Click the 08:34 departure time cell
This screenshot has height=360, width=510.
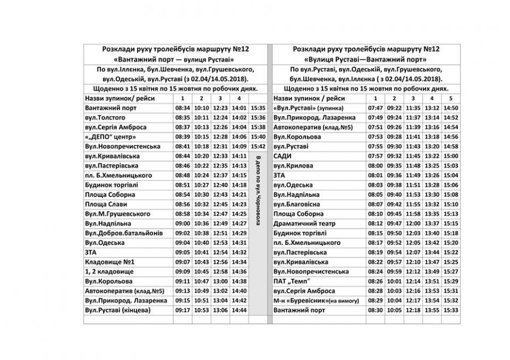pos(183,108)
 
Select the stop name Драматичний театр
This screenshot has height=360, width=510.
pos(301,224)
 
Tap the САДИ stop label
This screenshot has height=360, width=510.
pos(282,156)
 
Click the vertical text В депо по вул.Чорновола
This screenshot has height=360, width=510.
pos(257,187)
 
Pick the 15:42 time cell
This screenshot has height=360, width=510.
pos(257,146)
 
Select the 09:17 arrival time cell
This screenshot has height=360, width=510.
pos(183,310)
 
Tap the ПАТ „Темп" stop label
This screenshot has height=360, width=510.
pos(294,281)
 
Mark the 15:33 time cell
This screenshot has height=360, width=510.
pos(451,310)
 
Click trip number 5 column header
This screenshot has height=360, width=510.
pos(451,98)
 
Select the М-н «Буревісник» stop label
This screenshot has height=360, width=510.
pos(316,301)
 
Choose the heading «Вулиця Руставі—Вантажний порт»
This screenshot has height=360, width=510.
pos(366,59)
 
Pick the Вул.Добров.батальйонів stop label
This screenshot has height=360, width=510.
pos(124,233)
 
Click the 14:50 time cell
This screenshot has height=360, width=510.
pos(451,108)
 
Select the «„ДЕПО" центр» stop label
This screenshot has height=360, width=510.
pos(110,136)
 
